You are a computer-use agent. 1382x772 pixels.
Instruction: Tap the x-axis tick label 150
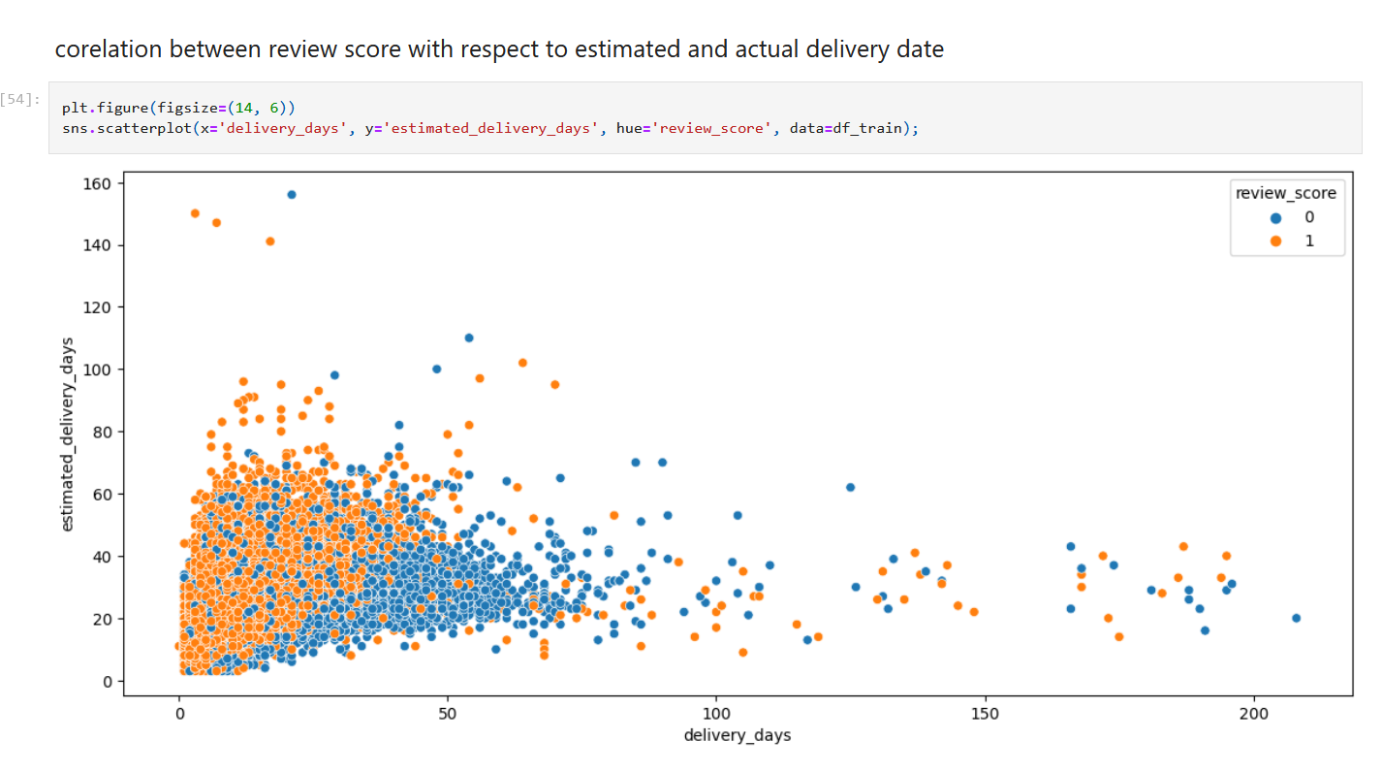click(x=985, y=712)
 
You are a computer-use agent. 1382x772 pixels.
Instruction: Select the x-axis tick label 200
click(x=1253, y=712)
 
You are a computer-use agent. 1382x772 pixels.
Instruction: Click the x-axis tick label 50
click(x=448, y=712)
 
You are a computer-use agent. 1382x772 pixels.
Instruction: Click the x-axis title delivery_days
click(x=738, y=735)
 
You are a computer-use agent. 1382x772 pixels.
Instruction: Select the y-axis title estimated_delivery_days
click(x=68, y=434)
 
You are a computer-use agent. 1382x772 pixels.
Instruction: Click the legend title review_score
click(x=1285, y=193)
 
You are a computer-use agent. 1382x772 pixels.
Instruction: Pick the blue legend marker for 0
click(x=1275, y=217)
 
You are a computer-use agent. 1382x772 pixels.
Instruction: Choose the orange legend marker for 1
click(x=1275, y=241)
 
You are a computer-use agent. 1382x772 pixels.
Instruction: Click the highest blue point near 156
click(x=292, y=195)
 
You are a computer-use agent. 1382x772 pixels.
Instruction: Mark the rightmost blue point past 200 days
click(x=1296, y=618)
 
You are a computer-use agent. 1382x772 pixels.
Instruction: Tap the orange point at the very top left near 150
click(x=195, y=213)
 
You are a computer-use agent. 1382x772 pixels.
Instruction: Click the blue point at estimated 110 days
click(x=469, y=338)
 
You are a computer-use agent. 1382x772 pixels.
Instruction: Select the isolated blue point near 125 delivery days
click(x=850, y=487)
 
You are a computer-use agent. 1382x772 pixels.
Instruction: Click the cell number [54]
click(x=20, y=100)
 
